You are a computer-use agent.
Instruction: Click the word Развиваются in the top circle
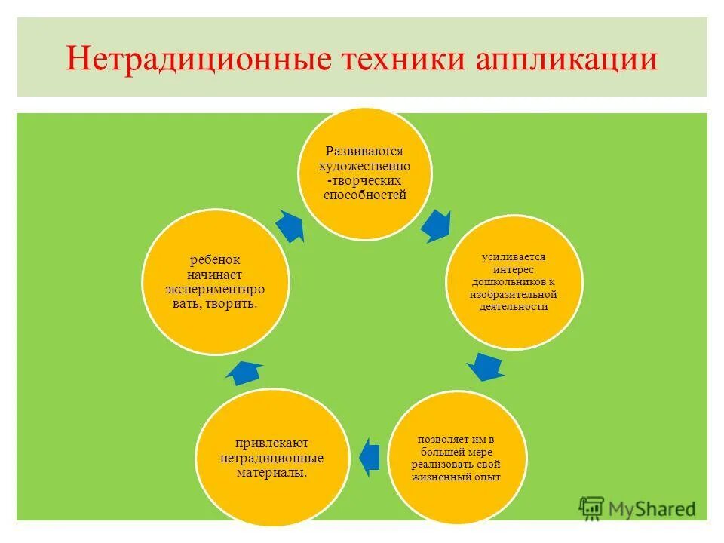[364, 151]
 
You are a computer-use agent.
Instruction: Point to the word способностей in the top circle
[364, 195]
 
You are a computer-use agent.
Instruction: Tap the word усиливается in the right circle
[514, 257]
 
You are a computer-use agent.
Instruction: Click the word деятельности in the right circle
[514, 307]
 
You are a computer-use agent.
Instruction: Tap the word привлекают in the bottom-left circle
[271, 443]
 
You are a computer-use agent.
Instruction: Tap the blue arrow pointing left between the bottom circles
[369, 457]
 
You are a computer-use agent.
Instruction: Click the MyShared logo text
[653, 509]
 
